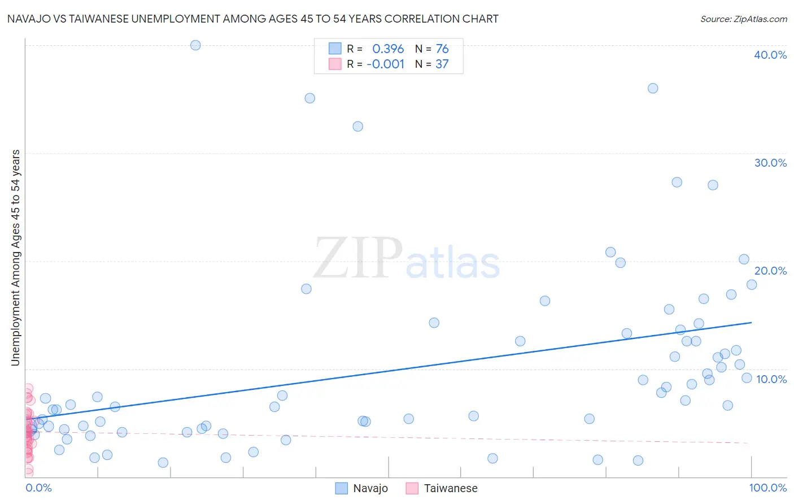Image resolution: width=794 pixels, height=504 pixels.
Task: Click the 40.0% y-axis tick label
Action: [x=770, y=55]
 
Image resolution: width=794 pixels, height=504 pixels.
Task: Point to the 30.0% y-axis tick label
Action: [x=770, y=163]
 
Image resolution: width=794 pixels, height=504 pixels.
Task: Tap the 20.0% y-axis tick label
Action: [x=770, y=271]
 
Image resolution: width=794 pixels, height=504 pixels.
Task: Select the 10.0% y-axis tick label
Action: [x=771, y=379]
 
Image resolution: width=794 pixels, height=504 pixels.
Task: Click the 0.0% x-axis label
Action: [x=38, y=488]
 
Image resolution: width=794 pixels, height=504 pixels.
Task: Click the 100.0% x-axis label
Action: [x=768, y=488]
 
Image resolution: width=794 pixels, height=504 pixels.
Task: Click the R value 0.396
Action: [x=388, y=49]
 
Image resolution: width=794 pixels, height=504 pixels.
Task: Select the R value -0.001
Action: [x=385, y=64]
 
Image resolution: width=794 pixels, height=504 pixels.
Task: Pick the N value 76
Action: [x=442, y=49]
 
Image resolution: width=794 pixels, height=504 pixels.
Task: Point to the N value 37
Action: [x=442, y=64]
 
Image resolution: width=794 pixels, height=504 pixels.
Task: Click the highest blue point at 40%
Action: [x=195, y=45]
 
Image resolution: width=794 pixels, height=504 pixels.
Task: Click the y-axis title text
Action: [x=16, y=258]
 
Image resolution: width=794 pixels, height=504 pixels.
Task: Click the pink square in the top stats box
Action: [x=335, y=64]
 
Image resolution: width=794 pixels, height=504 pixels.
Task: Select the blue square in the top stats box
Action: [x=335, y=49]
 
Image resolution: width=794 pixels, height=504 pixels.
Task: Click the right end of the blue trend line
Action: [x=752, y=323]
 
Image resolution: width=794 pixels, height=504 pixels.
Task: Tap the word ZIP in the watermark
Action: [x=357, y=257]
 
